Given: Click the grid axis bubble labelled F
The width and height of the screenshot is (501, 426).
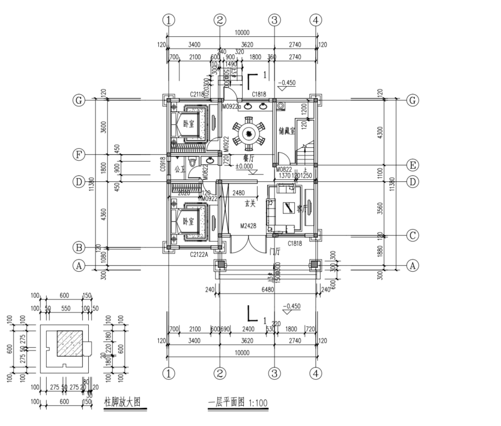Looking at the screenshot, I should point(79,155).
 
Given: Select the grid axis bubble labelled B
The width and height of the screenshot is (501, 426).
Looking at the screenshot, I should point(79,247).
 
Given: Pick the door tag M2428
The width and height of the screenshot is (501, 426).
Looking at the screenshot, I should point(248,226).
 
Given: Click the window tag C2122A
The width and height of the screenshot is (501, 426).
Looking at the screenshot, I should point(199,255).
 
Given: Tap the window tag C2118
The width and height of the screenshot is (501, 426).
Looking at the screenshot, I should point(198,95).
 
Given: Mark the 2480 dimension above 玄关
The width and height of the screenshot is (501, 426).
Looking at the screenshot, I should point(239,193).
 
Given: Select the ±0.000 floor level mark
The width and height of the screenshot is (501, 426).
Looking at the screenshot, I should point(246,166).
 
